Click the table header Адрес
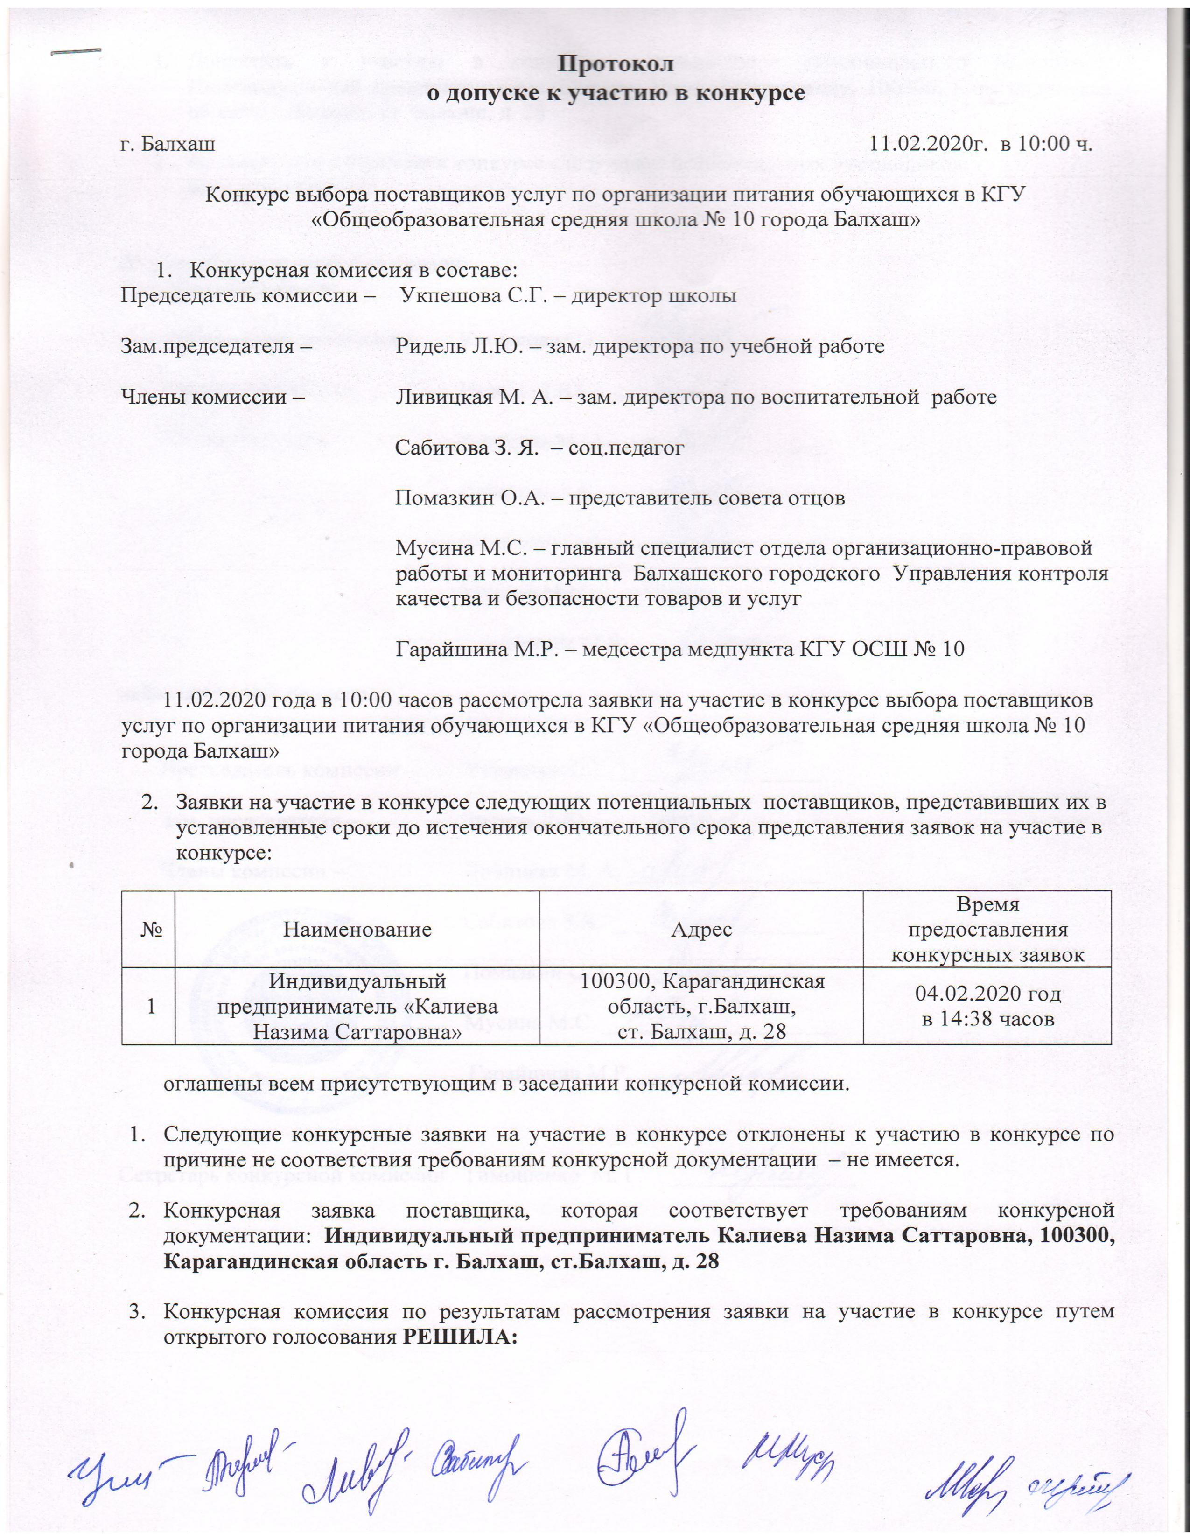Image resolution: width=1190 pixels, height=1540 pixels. click(701, 929)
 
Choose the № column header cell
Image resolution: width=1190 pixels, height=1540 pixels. click(149, 929)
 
